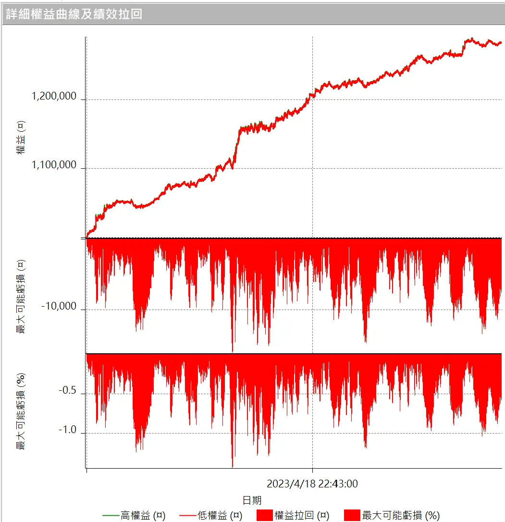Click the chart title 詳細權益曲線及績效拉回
[x=74, y=13]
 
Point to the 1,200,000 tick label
[x=54, y=96]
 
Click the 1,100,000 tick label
[x=54, y=165]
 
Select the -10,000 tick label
[x=59, y=306]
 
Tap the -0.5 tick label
[x=67, y=391]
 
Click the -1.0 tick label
[x=67, y=430]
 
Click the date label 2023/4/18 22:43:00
[x=312, y=484]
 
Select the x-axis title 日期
[x=252, y=500]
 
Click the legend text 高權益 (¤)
[x=143, y=515]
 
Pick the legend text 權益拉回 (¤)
[x=302, y=515]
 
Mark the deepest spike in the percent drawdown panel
[x=233, y=466]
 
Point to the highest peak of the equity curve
[x=472, y=38]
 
